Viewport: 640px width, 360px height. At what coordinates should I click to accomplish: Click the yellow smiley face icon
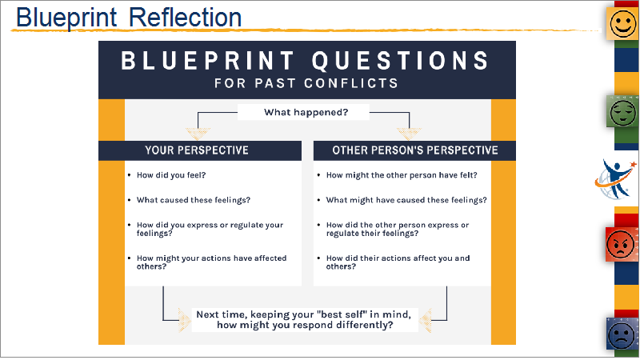(622, 23)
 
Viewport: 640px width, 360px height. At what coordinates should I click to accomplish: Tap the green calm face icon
(622, 111)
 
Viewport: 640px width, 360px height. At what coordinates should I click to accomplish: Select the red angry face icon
(622, 244)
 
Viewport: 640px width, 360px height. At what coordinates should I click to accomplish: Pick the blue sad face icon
(622, 334)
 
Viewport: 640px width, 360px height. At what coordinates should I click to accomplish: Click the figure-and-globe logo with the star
(615, 179)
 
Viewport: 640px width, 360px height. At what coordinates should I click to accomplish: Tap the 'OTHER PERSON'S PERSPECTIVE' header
(414, 150)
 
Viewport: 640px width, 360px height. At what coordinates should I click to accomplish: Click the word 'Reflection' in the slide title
(186, 17)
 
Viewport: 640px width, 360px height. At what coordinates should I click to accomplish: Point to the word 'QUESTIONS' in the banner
(401, 61)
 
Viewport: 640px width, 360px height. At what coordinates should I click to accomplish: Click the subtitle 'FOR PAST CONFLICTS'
(306, 83)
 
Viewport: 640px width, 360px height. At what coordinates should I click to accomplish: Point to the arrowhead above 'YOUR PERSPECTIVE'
(198, 134)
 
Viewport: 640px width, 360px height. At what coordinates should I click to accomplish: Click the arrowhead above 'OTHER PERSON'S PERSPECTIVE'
(409, 134)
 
